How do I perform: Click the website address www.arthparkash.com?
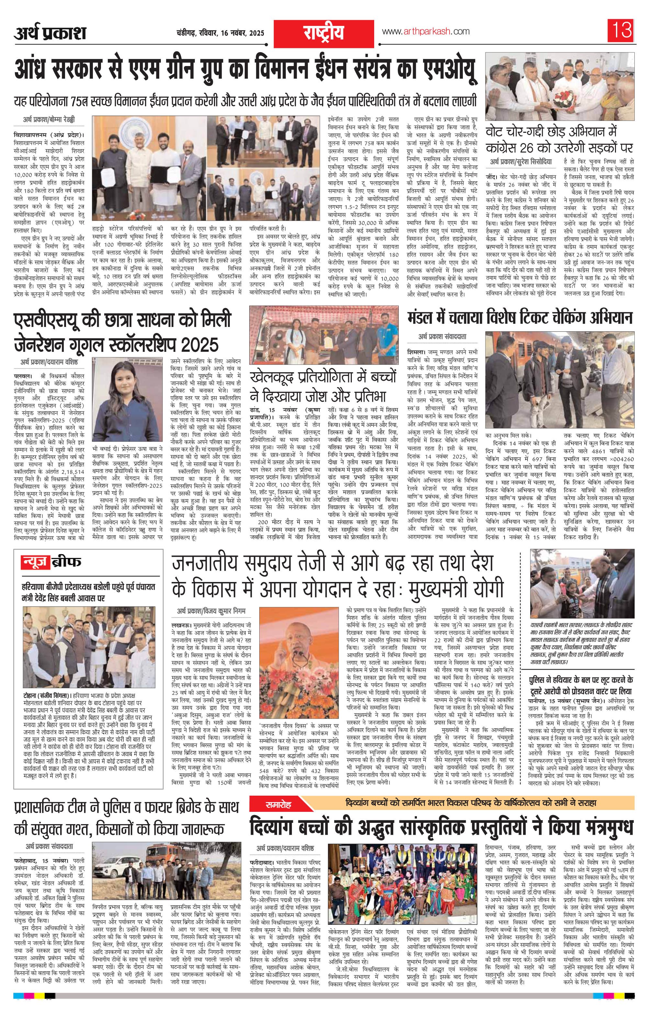(425, 31)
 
